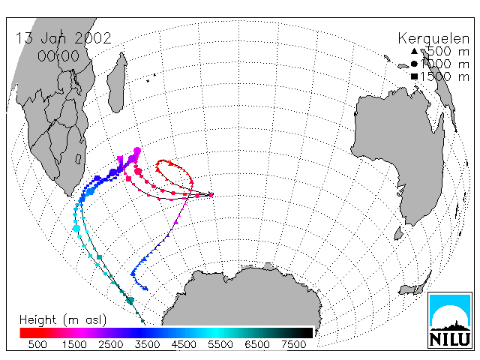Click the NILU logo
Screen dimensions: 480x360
point(450,320)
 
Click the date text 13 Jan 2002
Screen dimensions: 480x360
point(63,38)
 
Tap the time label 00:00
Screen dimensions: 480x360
point(58,56)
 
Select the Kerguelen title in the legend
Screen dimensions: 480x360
point(433,39)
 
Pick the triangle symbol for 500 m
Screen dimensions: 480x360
point(414,51)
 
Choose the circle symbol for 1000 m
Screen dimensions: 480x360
point(414,64)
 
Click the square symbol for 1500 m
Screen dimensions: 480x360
point(414,76)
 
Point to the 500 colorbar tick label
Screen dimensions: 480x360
point(37,344)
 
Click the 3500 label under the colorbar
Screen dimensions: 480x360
point(147,344)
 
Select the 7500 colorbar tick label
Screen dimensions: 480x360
point(293,344)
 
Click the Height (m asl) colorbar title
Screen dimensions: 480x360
point(63,320)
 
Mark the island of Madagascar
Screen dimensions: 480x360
point(117,82)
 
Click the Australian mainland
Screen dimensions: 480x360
point(398,147)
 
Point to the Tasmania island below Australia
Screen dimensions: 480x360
point(398,233)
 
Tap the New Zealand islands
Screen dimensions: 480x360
point(415,285)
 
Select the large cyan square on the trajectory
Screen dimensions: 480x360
point(76,228)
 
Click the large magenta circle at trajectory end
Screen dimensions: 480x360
point(137,151)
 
